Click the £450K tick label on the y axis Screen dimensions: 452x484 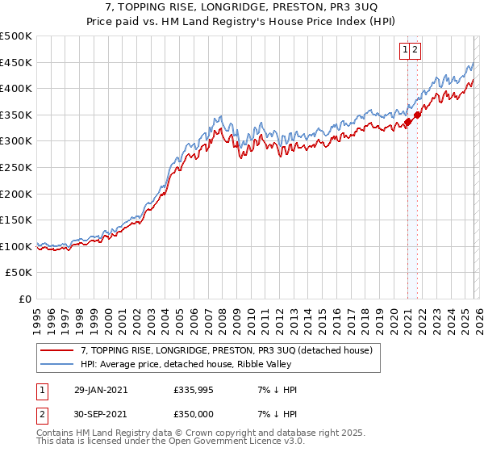coord(16,62)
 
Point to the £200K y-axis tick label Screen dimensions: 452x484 coord(16,194)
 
